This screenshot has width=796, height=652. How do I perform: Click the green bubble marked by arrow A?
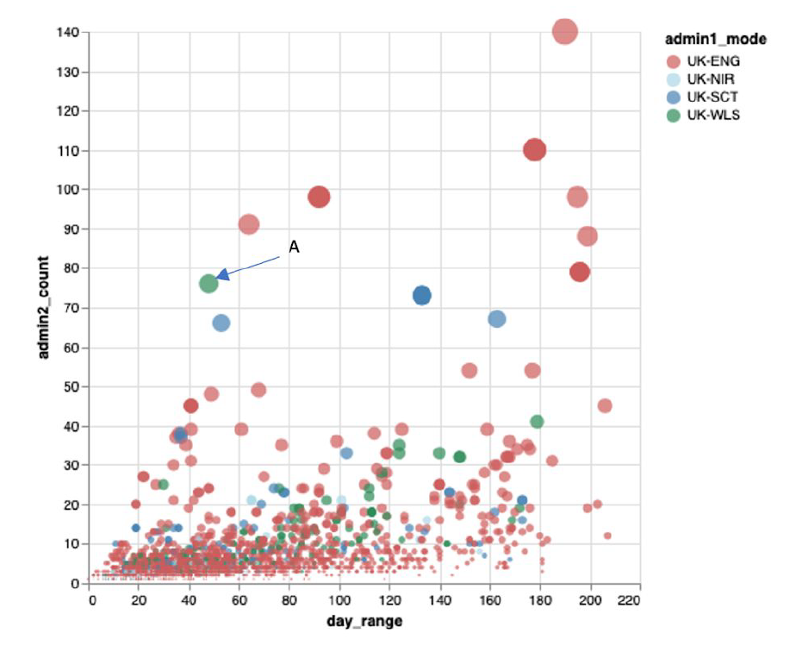(208, 283)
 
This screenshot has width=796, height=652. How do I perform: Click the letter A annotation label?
(294, 248)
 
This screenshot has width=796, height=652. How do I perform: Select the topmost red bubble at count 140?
(564, 31)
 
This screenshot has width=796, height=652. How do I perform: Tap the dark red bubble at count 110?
(535, 150)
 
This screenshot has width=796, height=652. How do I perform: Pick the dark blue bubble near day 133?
(421, 295)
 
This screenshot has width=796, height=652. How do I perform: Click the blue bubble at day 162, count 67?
(496, 319)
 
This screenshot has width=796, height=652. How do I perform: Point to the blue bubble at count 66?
(221, 323)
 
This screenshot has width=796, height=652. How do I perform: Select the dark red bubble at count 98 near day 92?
(320, 197)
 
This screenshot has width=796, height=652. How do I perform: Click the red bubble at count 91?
(249, 224)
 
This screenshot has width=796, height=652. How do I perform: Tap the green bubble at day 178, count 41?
(537, 422)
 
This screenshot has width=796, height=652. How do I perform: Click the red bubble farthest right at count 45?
(605, 405)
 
